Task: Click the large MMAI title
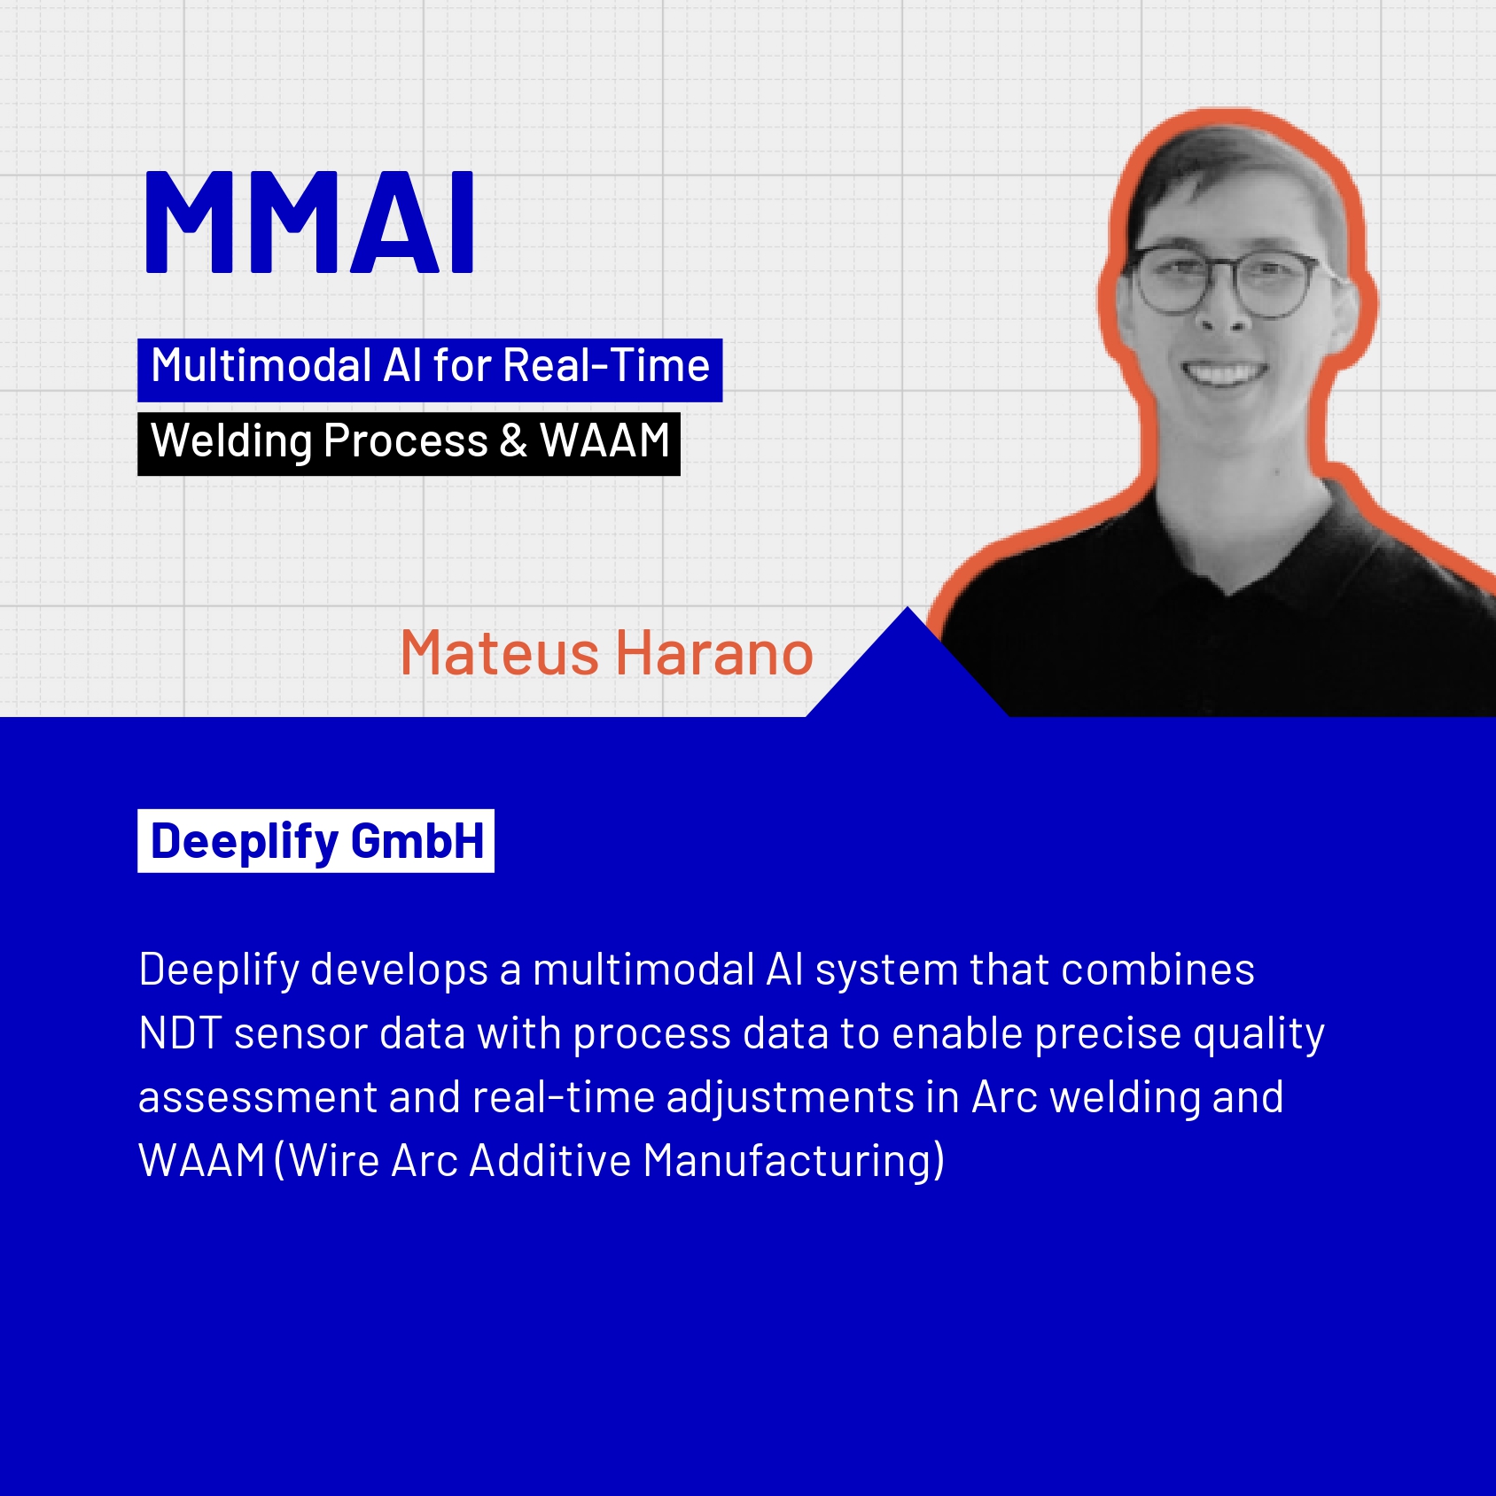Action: [x=309, y=222]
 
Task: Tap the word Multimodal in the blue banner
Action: [x=261, y=365]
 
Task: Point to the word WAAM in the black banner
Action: [x=604, y=440]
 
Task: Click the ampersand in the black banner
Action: [x=513, y=440]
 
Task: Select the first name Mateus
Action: [x=500, y=653]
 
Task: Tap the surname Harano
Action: [x=714, y=653]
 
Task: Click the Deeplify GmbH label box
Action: [x=316, y=841]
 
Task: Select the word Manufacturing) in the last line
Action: [x=794, y=1161]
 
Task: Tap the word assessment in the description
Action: [x=258, y=1098]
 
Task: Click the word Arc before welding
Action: [x=1005, y=1097]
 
